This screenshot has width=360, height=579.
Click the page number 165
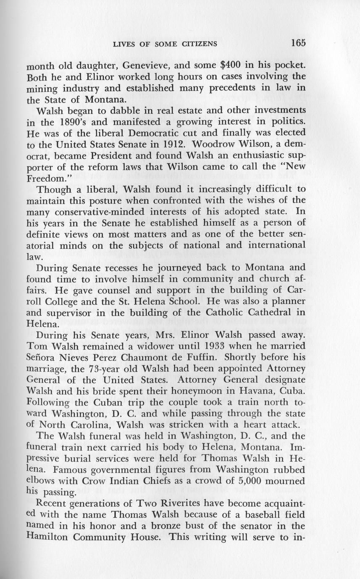[x=297, y=43]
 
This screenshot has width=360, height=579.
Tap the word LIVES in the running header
[x=123, y=44]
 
